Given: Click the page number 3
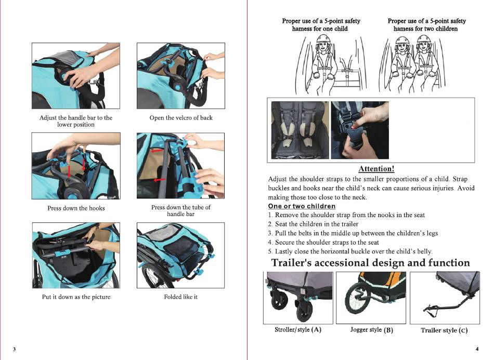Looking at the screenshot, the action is (15, 349).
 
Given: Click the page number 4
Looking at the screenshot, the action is (477, 348).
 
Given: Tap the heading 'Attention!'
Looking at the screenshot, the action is (376, 169).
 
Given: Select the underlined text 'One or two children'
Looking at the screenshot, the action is (302, 206).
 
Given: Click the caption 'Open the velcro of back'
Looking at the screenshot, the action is (181, 118).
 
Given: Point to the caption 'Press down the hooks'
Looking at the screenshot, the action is (76, 208).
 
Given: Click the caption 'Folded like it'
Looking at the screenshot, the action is (181, 297).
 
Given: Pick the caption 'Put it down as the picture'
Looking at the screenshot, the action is (76, 297).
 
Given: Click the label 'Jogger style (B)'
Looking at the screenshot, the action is (372, 330).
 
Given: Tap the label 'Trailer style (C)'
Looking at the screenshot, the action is (444, 330).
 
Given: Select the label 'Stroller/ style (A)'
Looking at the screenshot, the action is (298, 330).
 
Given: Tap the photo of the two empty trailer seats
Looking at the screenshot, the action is (300, 130).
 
